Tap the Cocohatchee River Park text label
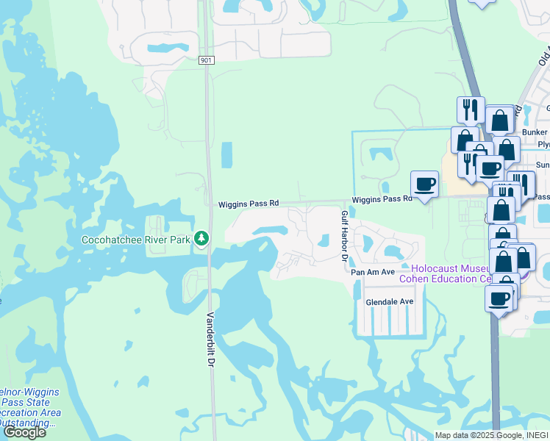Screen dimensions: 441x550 pyautogui.click(x=137, y=240)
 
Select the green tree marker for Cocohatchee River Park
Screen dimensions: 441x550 pyautogui.click(x=200, y=239)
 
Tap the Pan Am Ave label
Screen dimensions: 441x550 pyautogui.click(x=368, y=273)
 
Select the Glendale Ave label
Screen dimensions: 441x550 pyautogui.click(x=389, y=301)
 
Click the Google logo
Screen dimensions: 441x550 pyautogui.click(x=24, y=431)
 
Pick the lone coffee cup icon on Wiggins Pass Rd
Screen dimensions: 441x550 pyautogui.click(x=424, y=184)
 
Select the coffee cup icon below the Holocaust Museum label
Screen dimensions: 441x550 pyautogui.click(x=499, y=299)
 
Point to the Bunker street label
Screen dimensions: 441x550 pyautogui.click(x=535, y=132)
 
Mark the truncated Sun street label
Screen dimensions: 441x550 pyautogui.click(x=543, y=165)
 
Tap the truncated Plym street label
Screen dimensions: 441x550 pyautogui.click(x=543, y=144)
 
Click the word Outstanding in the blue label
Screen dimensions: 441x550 pyautogui.click(x=28, y=423)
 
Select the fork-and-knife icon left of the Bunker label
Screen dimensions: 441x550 pyautogui.click(x=470, y=110)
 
